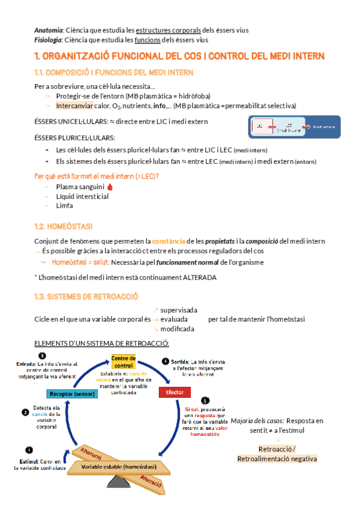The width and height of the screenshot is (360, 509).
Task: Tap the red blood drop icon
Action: [x=110, y=187]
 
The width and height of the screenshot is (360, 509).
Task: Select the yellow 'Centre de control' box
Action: [x=124, y=362]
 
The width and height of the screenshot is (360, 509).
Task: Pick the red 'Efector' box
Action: [x=175, y=393]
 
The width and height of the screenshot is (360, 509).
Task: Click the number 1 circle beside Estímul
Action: [x=29, y=450]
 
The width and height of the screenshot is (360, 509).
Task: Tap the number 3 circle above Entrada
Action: [x=41, y=356]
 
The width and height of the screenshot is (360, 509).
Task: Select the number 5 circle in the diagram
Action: [x=205, y=400]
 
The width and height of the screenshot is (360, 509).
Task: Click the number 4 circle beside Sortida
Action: [x=166, y=361]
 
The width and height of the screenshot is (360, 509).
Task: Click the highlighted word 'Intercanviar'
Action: [x=74, y=106]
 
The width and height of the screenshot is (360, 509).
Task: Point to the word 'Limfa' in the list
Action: [x=64, y=205]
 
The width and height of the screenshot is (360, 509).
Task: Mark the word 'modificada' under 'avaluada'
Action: [x=178, y=329]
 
